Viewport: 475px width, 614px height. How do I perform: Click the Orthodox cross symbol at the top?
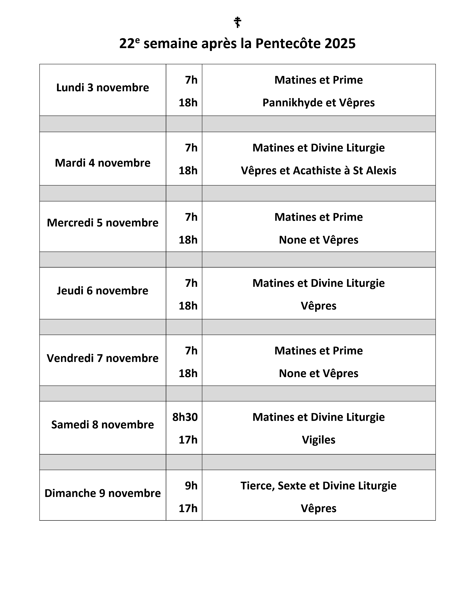(237, 22)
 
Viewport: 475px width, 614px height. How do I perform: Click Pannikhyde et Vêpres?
(319, 103)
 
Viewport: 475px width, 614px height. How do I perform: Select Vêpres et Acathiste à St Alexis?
(319, 171)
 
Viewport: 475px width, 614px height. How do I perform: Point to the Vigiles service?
(319, 440)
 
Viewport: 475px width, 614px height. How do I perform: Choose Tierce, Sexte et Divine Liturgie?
(319, 486)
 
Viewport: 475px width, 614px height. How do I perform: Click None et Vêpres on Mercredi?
(319, 240)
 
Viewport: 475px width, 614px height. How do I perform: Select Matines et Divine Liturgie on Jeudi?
(319, 283)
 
